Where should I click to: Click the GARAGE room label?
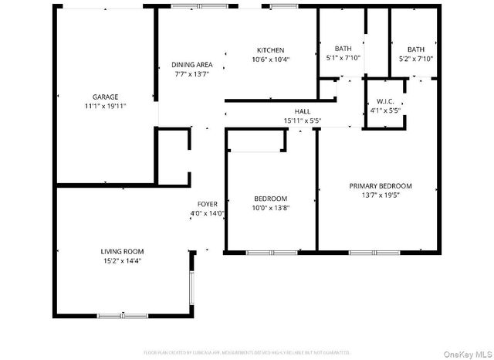(x=106, y=97)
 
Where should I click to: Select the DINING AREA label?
(x=191, y=65)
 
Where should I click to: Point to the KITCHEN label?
(x=270, y=50)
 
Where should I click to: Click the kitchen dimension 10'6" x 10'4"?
(x=270, y=59)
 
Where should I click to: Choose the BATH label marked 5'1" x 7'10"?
(x=343, y=49)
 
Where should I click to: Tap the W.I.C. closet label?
(x=386, y=101)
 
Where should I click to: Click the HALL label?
(x=302, y=112)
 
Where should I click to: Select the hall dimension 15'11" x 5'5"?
(x=302, y=121)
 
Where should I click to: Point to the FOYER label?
(x=207, y=204)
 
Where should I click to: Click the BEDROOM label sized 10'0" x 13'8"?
(x=270, y=199)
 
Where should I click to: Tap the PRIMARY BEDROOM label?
(x=381, y=185)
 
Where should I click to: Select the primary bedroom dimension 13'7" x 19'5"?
(x=381, y=195)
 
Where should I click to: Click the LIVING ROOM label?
(x=122, y=251)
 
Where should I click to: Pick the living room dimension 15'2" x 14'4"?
(x=122, y=260)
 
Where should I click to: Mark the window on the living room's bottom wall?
(x=122, y=315)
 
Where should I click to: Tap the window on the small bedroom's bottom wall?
(x=271, y=252)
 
